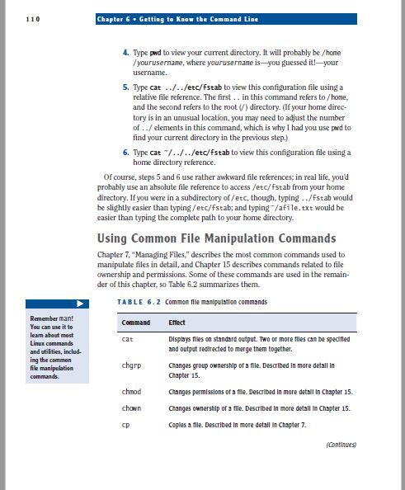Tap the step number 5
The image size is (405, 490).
[125, 87]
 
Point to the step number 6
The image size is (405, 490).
[125, 153]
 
